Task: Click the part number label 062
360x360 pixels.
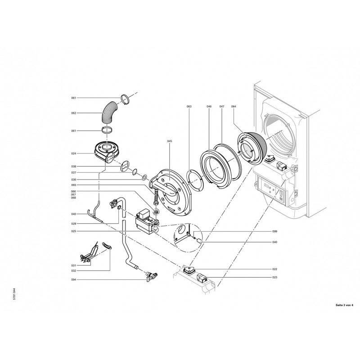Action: tap(73, 113)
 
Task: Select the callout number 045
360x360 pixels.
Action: tap(170, 141)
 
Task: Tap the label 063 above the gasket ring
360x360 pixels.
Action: tap(189, 107)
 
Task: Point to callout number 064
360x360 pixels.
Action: tap(234, 107)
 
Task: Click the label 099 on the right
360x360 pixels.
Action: tap(275, 231)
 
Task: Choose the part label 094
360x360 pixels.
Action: tap(73, 279)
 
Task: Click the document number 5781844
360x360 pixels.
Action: tap(14, 294)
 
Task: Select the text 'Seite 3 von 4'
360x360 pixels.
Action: tap(344, 305)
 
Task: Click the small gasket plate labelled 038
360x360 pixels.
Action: tap(125, 166)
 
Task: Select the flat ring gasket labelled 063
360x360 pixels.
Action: tap(195, 180)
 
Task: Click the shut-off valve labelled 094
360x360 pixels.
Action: tap(151, 275)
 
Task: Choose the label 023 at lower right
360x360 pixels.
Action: tap(275, 277)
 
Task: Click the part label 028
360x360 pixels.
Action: tap(73, 224)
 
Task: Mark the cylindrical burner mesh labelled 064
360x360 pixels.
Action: tap(252, 148)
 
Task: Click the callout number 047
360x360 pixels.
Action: tap(222, 107)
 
